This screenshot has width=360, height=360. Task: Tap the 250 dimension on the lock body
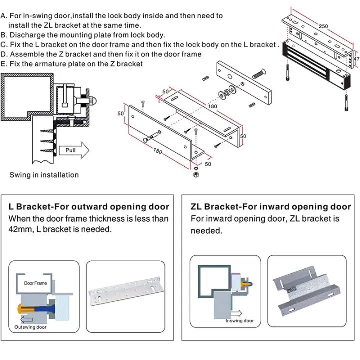(x=323, y=26)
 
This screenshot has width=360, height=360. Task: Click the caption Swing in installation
(x=44, y=175)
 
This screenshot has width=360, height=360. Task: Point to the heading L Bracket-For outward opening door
(x=89, y=207)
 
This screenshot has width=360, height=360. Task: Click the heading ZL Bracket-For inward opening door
(x=271, y=207)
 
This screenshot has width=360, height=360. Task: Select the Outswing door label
(x=31, y=327)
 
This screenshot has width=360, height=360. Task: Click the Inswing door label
(x=239, y=321)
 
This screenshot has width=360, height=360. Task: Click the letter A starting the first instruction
(x=4, y=16)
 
